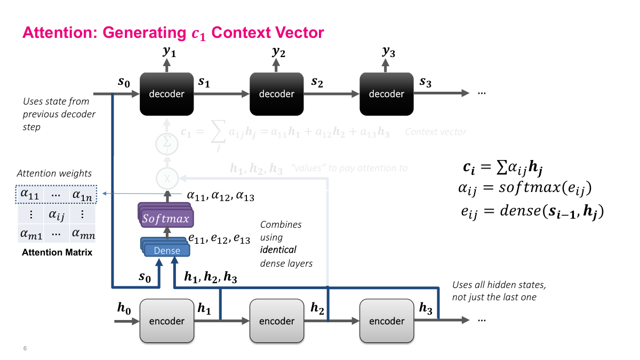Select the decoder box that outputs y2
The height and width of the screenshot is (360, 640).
point(276,94)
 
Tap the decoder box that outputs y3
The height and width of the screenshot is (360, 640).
point(386,94)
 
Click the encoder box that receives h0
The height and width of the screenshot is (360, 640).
point(166,321)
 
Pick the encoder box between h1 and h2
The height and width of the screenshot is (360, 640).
point(276,321)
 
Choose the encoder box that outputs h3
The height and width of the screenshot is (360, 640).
point(386,321)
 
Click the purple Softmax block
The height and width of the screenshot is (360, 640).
point(166,218)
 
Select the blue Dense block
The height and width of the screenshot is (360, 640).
point(167,250)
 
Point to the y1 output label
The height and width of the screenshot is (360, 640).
point(169,52)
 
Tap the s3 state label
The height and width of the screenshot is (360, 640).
point(425,82)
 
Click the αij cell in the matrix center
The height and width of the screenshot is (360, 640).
point(57,214)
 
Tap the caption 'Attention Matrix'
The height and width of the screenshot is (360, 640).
point(57,252)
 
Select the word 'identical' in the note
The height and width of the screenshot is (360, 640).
point(278,250)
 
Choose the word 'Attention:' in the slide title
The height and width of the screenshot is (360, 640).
point(60,33)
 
